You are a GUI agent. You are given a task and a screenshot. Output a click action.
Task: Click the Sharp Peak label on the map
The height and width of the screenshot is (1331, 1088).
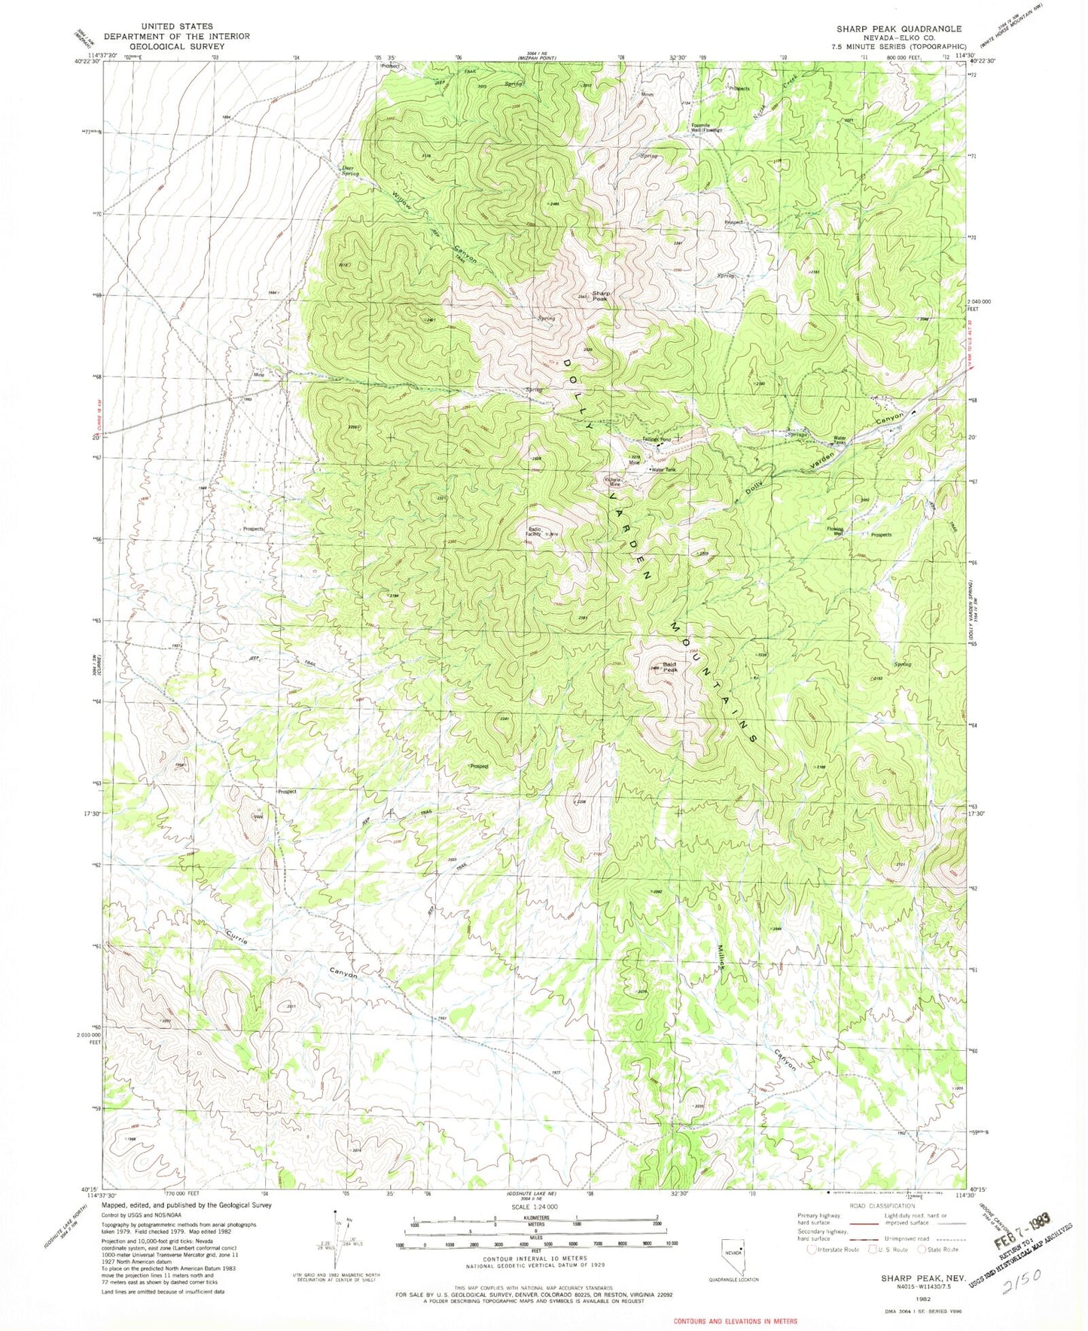point(599,296)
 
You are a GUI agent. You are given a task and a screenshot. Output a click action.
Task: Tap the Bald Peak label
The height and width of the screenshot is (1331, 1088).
point(669,667)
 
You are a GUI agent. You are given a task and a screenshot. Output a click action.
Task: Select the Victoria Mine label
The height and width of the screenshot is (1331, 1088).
point(613,482)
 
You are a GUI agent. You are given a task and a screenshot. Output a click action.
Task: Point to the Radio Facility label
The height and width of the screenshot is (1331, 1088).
point(535,531)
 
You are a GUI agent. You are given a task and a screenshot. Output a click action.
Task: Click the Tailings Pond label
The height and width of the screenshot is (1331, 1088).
point(656,439)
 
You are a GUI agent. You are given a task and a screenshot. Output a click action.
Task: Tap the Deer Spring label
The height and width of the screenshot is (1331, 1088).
point(349,171)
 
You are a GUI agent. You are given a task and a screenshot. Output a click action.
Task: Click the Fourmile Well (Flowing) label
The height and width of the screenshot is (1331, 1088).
point(706,128)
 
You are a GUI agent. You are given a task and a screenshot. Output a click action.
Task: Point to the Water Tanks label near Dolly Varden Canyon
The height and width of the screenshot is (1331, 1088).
point(840,440)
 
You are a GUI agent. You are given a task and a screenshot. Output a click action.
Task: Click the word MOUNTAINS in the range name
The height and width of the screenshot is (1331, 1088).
point(712,682)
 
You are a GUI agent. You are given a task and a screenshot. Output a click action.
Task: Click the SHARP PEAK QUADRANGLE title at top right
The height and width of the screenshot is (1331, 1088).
point(898,29)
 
